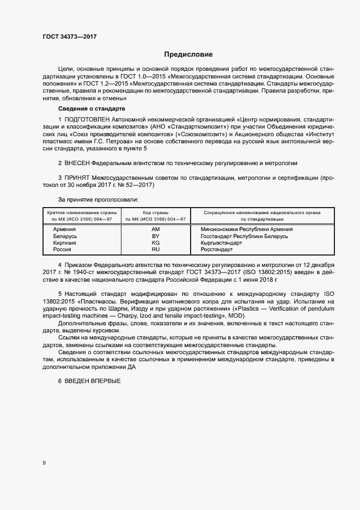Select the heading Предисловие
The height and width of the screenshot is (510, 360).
[188, 54]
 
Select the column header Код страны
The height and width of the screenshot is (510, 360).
[155, 212]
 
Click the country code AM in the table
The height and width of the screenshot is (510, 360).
[155, 229]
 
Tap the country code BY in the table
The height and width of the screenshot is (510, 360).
[155, 236]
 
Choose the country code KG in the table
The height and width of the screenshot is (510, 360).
[155, 242]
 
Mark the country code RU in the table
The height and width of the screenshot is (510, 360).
[155, 249]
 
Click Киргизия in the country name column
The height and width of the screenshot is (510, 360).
[66, 242]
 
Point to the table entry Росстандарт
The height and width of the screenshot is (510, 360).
[217, 249]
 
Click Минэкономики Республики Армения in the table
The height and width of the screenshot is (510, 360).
[247, 229]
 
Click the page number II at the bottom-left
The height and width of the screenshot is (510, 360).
[44, 463]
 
